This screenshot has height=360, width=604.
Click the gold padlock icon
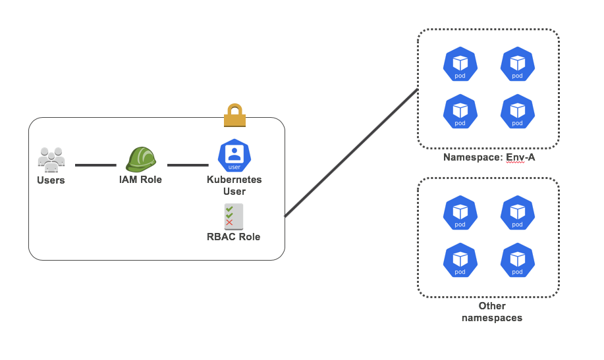click(x=234, y=115)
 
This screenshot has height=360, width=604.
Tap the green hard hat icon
click(x=140, y=159)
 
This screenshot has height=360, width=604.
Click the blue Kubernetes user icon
click(x=234, y=155)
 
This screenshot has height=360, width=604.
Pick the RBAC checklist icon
click(x=234, y=217)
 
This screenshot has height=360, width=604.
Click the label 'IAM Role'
click(x=140, y=180)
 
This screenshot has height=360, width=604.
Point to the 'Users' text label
click(x=51, y=180)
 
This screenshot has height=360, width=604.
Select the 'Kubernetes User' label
click(x=234, y=186)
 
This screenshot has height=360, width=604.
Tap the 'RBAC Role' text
click(x=234, y=237)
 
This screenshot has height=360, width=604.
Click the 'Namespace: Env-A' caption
click(x=487, y=157)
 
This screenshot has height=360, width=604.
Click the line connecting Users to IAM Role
click(x=96, y=165)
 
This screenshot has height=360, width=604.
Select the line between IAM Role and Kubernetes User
click(x=188, y=165)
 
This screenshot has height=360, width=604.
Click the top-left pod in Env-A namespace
click(x=460, y=64)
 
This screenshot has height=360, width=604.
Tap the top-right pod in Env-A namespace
click(x=517, y=64)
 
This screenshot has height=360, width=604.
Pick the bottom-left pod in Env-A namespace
click(x=460, y=111)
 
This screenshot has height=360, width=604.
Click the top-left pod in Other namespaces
click(x=460, y=212)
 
